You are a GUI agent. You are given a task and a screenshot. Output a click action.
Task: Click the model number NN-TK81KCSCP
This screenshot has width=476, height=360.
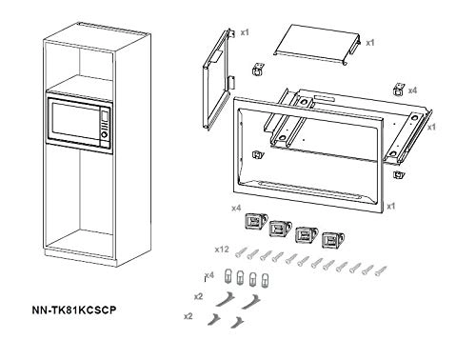tap(74, 310)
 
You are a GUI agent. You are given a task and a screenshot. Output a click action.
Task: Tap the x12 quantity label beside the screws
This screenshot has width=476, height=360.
tap(222, 250)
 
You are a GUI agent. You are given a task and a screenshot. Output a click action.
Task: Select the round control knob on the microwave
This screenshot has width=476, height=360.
tap(104, 134)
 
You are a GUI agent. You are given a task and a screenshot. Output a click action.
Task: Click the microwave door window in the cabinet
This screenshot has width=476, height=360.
tap(75, 122)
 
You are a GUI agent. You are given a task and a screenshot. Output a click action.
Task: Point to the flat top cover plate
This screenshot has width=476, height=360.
tap(317, 45)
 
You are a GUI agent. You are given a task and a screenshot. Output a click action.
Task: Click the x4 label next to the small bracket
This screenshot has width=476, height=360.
tap(412, 90)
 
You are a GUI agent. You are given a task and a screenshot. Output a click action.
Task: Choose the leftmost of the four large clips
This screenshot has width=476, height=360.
tap(256, 221)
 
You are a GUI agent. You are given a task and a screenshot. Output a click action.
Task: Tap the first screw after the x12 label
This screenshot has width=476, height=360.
tap(240, 252)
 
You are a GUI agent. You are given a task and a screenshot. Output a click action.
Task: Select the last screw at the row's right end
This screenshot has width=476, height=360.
tap(381, 270)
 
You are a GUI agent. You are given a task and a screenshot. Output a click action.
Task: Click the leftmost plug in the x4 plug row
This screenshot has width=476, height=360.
tap(228, 275)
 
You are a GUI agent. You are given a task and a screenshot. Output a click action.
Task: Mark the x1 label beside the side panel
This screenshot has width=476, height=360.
tap(245, 32)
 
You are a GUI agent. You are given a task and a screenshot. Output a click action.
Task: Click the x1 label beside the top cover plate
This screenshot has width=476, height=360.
tap(370, 43)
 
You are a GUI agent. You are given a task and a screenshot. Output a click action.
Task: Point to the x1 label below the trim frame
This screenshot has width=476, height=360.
tap(391, 207)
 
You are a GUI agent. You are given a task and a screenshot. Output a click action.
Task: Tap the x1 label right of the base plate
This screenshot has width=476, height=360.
tap(431, 127)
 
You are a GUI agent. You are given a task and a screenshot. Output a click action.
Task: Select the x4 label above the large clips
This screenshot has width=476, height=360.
tap(236, 209)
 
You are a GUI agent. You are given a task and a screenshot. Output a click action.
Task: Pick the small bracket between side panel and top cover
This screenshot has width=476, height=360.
tap(258, 70)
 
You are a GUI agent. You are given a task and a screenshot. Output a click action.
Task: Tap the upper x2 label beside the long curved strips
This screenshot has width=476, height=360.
tap(198, 296)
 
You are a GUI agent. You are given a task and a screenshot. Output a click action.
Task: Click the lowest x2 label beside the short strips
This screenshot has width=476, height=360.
tap(188, 316)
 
